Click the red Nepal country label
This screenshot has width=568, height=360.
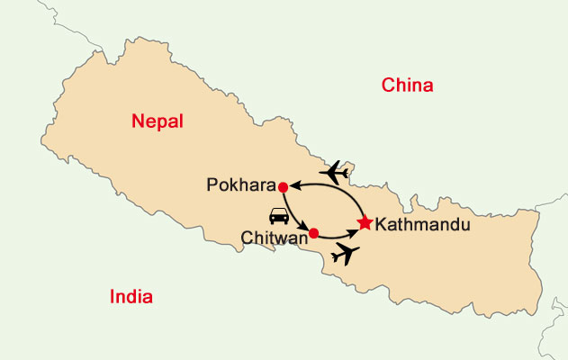pyautogui.click(x=157, y=121)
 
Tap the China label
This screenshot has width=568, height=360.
pyautogui.click(x=408, y=85)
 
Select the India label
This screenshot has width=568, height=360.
pyautogui.click(x=131, y=297)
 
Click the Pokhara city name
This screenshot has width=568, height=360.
pyautogui.click(x=240, y=186)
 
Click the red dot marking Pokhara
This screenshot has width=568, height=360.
pyautogui.click(x=283, y=186)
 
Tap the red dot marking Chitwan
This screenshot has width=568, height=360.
pyautogui.click(x=313, y=233)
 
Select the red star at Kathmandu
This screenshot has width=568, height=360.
pyautogui.click(x=364, y=221)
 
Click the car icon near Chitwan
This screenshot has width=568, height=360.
pyautogui.click(x=279, y=216)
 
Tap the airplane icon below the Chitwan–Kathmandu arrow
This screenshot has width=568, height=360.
pyautogui.click(x=345, y=255)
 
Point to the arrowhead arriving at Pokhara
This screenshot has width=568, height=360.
pyautogui.click(x=293, y=186)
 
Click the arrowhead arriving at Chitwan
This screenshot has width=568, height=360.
pyautogui.click(x=306, y=228)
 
